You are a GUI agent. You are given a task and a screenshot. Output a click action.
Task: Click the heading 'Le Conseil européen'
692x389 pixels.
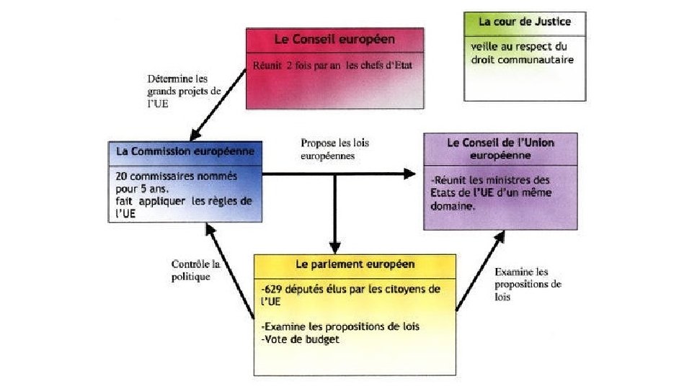(x=334, y=39)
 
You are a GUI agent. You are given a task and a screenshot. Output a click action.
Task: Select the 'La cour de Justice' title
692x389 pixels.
(x=525, y=22)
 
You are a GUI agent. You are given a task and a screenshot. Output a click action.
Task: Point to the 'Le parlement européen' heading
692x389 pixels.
(x=355, y=264)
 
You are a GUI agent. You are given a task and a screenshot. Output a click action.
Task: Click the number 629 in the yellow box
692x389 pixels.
(x=276, y=290)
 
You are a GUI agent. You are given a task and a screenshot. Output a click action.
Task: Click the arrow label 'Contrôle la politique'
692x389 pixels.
(x=192, y=270)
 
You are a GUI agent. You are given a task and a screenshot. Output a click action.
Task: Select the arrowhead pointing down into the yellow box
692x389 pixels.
(x=334, y=246)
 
